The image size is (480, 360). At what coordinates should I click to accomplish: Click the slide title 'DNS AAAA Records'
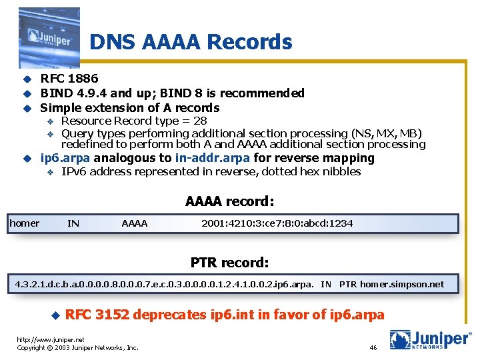coord(191,42)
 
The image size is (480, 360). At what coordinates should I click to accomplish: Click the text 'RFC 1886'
coord(69,79)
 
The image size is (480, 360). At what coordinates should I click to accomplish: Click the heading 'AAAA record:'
coord(230,201)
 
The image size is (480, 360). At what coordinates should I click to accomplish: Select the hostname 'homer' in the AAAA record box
coord(25,223)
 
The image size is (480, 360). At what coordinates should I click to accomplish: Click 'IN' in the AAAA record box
coord(73,223)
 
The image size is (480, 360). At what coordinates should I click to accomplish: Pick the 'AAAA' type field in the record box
coord(135,223)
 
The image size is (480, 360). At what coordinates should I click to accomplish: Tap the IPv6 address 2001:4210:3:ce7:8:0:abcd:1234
coord(277,223)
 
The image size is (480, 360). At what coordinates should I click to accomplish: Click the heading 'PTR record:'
coord(230,262)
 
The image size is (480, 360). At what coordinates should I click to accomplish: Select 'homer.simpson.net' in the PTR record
coord(402,284)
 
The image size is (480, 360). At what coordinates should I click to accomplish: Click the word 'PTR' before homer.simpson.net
coord(348,284)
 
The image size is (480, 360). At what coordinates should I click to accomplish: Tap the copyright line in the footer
coord(77,347)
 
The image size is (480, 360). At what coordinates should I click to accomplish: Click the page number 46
coord(373,348)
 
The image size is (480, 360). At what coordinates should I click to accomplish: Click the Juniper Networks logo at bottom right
coord(430,340)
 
